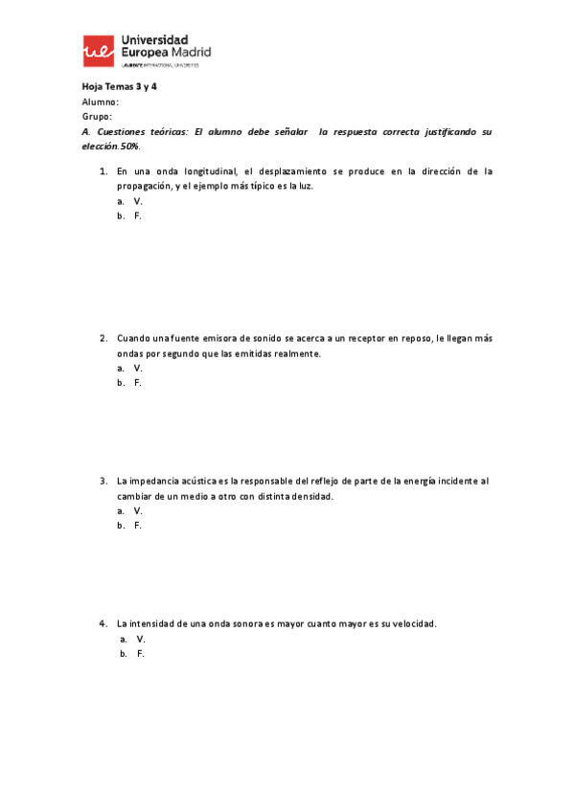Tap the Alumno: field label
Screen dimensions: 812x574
point(100,101)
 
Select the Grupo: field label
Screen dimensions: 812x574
point(97,116)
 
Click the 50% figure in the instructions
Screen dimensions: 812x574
point(129,147)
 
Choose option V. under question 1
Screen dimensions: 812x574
point(138,201)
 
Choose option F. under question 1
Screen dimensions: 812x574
point(138,216)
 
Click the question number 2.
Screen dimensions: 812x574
point(103,338)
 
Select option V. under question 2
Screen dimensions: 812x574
point(138,368)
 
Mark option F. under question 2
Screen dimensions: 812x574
point(138,383)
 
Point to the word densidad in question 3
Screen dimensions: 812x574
point(307,496)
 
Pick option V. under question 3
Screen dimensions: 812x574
point(138,510)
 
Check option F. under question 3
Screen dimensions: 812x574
point(138,526)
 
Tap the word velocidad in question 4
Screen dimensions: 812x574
point(410,623)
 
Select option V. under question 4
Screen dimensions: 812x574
point(141,639)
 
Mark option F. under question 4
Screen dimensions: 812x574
point(141,654)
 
